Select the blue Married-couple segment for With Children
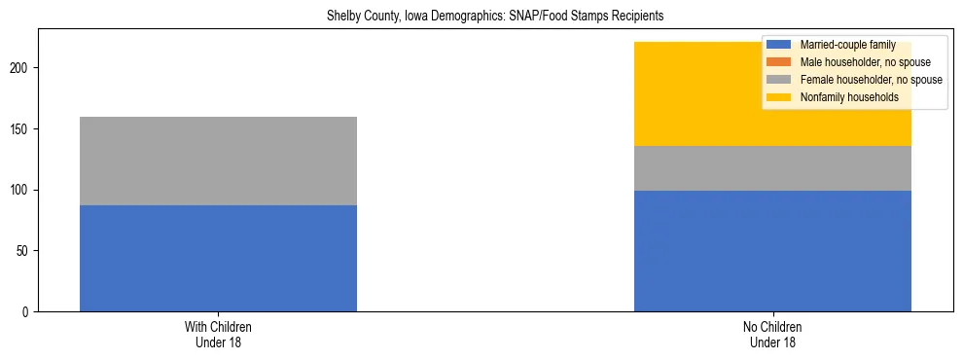(x=218, y=258)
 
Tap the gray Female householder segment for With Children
(x=218, y=161)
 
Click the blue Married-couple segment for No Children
(x=772, y=251)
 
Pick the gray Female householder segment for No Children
(x=772, y=168)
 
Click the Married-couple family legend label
(x=847, y=45)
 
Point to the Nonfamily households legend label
(x=848, y=97)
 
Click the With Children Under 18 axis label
(x=218, y=335)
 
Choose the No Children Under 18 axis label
(x=772, y=335)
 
